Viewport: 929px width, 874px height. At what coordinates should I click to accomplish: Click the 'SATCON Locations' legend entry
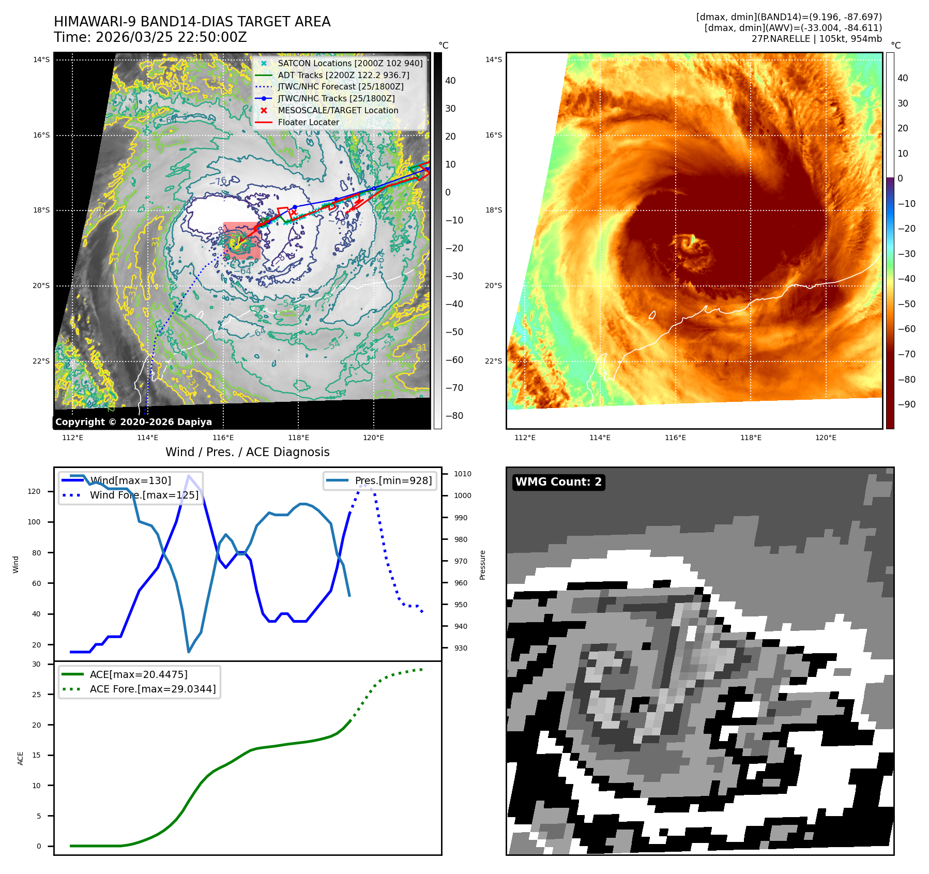(x=350, y=63)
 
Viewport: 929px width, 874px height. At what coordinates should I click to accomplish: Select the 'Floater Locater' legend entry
(x=308, y=122)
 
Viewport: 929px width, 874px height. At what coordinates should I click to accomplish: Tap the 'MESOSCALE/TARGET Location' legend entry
(x=338, y=110)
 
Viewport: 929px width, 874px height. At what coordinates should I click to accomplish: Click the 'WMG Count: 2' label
(x=558, y=482)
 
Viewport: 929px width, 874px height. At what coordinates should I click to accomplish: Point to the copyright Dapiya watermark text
(x=133, y=422)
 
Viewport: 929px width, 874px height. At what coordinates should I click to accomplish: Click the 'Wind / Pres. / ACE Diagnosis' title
(x=247, y=452)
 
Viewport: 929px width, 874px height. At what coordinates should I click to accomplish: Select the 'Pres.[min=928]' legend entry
(x=393, y=480)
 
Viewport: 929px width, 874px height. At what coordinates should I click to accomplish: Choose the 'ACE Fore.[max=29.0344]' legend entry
(x=153, y=689)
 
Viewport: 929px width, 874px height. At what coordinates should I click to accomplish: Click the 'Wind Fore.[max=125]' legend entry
(x=144, y=495)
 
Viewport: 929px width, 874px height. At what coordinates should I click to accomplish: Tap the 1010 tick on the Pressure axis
(x=462, y=474)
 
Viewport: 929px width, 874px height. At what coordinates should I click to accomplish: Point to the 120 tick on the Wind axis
(x=34, y=491)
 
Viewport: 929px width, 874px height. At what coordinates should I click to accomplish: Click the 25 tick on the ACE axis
(x=36, y=695)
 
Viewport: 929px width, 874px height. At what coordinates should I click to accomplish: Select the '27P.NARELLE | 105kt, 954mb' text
(x=816, y=39)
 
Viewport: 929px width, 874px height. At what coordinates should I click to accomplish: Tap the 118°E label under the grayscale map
(x=298, y=438)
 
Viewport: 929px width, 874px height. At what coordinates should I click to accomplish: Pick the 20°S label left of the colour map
(x=493, y=285)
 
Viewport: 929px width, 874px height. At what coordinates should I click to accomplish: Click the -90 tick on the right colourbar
(x=906, y=404)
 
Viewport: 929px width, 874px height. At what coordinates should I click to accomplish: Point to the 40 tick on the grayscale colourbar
(x=450, y=81)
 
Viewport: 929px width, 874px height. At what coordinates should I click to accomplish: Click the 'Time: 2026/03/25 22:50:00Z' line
(x=150, y=37)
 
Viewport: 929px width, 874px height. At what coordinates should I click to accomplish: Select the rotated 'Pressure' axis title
(x=482, y=565)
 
